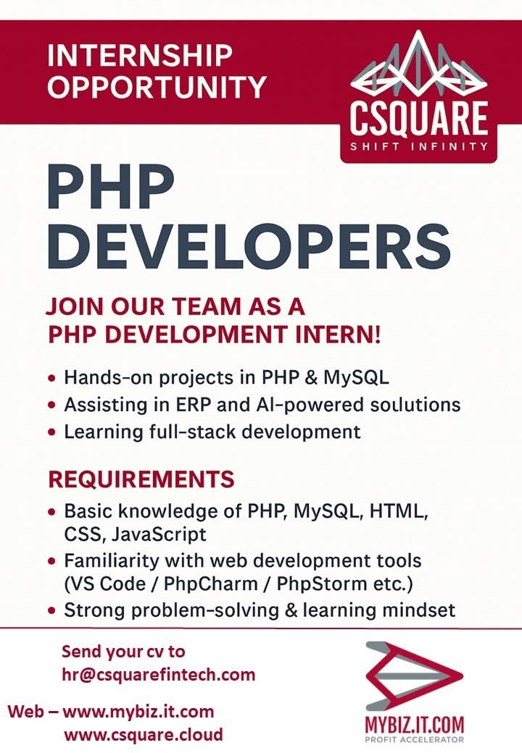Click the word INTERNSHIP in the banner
[x=140, y=55]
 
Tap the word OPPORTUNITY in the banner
[x=157, y=88]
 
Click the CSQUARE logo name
[x=419, y=119]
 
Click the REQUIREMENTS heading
[x=141, y=479]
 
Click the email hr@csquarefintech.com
[x=159, y=676]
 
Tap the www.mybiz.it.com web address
[x=138, y=711]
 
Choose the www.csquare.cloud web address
[x=144, y=736]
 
